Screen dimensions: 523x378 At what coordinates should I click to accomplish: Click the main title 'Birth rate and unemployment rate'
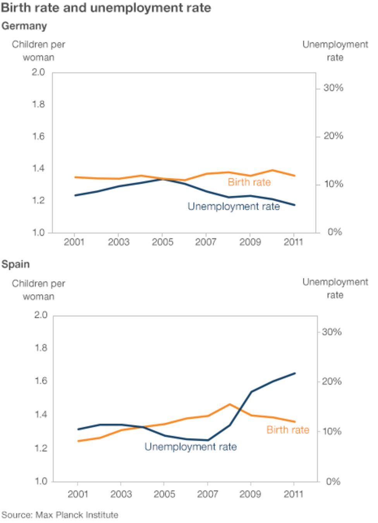[x=106, y=8]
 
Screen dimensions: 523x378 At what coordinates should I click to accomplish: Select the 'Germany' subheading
[x=24, y=26]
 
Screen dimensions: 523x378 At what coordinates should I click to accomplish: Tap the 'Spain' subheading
[x=15, y=264]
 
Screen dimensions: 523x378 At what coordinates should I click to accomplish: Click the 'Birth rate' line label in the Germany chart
[x=249, y=182]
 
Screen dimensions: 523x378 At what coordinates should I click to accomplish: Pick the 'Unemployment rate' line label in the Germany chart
[x=234, y=207]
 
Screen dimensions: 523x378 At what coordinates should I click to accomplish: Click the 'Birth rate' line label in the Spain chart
[x=288, y=430]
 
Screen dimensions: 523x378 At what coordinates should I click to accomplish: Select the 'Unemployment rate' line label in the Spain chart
[x=190, y=447]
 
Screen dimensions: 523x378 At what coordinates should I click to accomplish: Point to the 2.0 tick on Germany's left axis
[x=38, y=72]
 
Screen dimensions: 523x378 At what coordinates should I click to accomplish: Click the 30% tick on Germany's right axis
[x=333, y=88]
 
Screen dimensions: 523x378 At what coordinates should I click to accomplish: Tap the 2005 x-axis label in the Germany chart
[x=162, y=242]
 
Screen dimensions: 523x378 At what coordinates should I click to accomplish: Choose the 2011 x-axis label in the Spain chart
[x=294, y=494]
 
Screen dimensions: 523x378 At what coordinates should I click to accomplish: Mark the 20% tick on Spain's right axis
[x=332, y=381]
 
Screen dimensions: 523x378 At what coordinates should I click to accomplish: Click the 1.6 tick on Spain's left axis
[x=41, y=381]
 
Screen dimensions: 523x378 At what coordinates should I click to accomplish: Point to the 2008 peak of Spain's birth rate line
[x=230, y=404]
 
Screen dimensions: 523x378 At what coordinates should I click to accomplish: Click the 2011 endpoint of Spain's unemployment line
[x=295, y=373]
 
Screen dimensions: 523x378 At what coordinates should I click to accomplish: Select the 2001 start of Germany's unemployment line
[x=76, y=195]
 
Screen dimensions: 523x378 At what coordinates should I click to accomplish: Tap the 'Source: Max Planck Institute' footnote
[x=60, y=515]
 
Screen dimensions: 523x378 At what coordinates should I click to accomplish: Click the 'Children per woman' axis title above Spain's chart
[x=38, y=290]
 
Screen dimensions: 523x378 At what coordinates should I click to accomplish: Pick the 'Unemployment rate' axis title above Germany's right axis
[x=335, y=51]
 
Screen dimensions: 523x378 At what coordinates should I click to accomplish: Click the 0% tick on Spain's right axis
[x=333, y=482]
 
